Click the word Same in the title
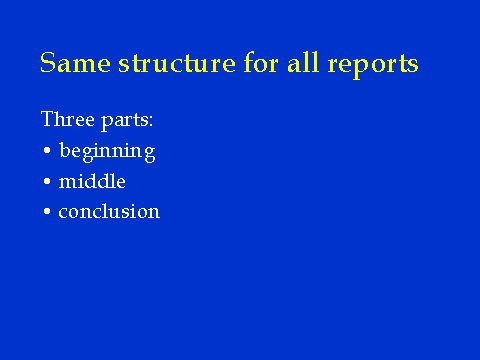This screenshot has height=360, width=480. click(x=75, y=62)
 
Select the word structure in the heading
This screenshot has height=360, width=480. click(x=177, y=62)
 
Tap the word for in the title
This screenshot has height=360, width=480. click(x=261, y=62)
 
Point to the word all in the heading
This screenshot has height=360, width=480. click(x=303, y=62)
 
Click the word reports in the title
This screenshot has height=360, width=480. click(x=373, y=65)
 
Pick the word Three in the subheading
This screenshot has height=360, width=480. click(x=68, y=119)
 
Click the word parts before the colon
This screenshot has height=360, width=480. click(x=124, y=121)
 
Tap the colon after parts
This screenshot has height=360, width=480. click(x=151, y=121)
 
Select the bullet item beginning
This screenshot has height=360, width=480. click(x=107, y=152)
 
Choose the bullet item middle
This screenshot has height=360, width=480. click(x=92, y=181)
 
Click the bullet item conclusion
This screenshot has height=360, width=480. click(x=109, y=211)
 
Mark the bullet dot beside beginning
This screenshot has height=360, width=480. click(x=47, y=150)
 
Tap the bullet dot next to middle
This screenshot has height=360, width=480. click(x=47, y=181)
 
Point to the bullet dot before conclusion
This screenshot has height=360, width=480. click(x=47, y=211)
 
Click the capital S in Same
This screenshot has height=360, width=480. click(x=48, y=62)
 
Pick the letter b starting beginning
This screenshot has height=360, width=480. click(x=65, y=150)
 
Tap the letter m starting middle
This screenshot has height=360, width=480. click(x=69, y=183)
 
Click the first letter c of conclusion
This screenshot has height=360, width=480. click(x=63, y=213)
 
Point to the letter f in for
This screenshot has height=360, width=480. click(x=250, y=62)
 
